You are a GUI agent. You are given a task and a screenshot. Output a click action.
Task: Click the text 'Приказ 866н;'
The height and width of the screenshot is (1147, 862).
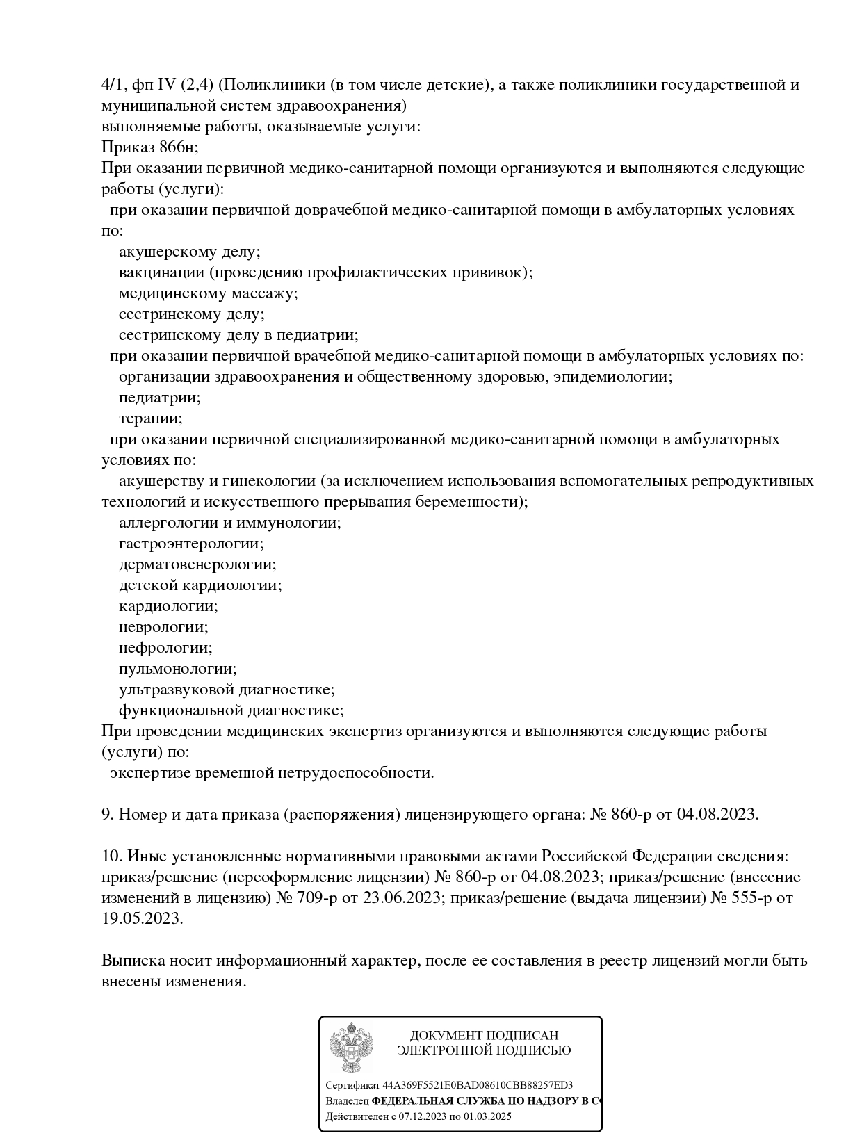point(149,147)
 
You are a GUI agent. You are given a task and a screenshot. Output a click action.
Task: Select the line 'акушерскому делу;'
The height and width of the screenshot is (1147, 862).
point(189,252)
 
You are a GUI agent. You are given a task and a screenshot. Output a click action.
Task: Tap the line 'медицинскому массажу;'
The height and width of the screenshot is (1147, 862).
point(208,293)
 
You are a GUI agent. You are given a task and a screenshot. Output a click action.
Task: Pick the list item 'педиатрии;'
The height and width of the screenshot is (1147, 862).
point(159,398)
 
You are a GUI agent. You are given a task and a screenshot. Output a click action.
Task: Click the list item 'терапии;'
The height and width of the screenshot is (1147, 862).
point(150,418)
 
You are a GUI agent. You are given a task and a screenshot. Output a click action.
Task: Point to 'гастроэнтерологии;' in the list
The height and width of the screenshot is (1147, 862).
point(191,544)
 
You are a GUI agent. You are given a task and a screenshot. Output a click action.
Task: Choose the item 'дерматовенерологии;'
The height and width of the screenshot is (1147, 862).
point(197,564)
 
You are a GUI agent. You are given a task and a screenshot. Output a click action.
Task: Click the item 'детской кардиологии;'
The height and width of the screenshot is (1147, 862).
point(200,585)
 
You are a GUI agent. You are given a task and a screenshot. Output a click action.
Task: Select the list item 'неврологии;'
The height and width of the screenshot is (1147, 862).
point(163,627)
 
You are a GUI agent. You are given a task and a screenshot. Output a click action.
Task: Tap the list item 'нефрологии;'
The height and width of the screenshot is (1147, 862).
point(165,648)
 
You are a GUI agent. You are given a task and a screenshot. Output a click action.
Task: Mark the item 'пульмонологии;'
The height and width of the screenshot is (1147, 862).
point(177,669)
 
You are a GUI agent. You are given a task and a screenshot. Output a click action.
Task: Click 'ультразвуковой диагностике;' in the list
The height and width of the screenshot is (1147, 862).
point(227,690)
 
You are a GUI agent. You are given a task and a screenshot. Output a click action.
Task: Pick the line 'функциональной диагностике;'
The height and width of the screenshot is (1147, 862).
point(231,710)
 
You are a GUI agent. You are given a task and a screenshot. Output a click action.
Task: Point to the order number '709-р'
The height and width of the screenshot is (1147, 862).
point(320,897)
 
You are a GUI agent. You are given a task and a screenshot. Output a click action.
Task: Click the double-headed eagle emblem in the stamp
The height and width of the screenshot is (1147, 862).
point(351,1048)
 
